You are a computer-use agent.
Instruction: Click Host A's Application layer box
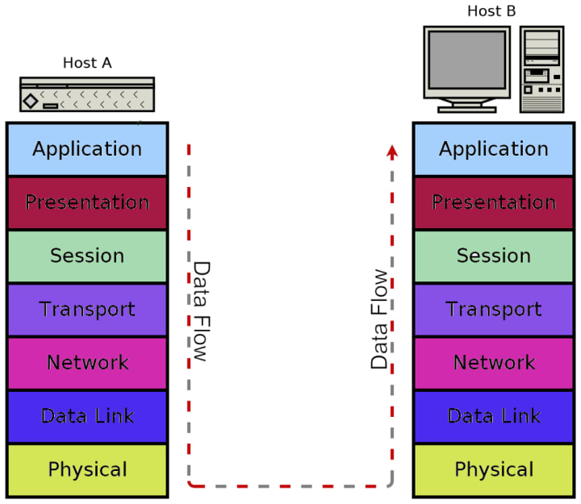(x=87, y=149)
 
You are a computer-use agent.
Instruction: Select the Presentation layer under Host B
(x=494, y=202)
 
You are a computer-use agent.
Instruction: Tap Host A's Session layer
(x=87, y=256)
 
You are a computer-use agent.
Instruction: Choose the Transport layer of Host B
(x=494, y=310)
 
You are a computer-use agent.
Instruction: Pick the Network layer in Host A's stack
(x=87, y=363)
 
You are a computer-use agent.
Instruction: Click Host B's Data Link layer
(x=494, y=416)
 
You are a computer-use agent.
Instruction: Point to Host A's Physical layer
(x=87, y=469)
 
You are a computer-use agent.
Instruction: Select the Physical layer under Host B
(x=494, y=469)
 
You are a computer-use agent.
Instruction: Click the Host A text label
(x=87, y=63)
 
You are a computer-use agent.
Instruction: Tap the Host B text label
(x=491, y=11)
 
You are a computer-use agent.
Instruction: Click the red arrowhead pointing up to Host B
(x=392, y=150)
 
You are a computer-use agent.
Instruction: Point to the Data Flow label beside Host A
(x=201, y=310)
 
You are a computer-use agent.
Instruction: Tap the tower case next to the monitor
(x=541, y=69)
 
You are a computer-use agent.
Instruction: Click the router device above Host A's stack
(x=87, y=94)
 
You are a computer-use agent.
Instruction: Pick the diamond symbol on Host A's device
(x=31, y=101)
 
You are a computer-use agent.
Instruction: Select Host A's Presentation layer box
(x=87, y=202)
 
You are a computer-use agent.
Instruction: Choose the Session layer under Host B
(x=494, y=256)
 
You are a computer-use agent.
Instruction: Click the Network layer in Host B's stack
(x=494, y=363)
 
